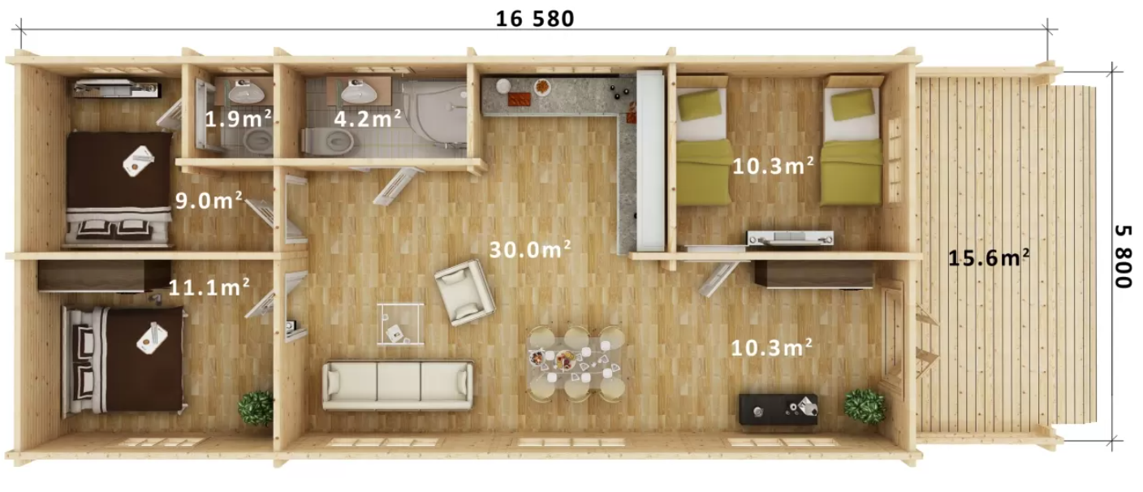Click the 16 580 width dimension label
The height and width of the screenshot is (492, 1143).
coord(535,19)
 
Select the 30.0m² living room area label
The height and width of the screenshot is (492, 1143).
coord(530,250)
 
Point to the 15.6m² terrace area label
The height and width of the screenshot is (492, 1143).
coord(989,258)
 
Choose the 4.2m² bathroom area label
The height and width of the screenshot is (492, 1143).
coord(368,119)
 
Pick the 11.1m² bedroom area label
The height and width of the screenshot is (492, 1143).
coord(209,286)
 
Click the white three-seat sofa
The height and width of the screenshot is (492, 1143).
coord(398,385)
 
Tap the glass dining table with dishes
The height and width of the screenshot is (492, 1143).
coord(576,362)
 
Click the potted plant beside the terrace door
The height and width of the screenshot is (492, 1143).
coord(865,406)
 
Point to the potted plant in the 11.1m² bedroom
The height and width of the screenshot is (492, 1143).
coord(256,408)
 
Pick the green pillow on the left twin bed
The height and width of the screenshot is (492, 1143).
coord(701,105)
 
